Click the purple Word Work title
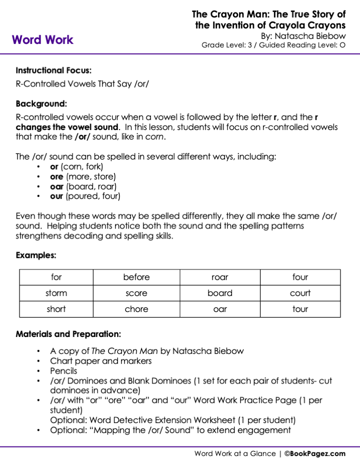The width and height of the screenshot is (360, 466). (42, 40)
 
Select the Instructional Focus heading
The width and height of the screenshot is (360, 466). (53, 70)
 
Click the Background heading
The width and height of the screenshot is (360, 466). (41, 104)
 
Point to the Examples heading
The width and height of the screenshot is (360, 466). (36, 255)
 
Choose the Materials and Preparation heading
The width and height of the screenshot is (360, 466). (68, 334)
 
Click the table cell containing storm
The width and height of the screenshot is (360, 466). (56, 293)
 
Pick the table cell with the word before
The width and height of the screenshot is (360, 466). (136, 277)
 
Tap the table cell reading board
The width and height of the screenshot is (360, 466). (220, 293)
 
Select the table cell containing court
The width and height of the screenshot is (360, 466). (300, 293)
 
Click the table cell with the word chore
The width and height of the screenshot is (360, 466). (136, 309)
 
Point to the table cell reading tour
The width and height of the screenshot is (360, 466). (300, 309)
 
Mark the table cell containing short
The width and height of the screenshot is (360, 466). (56, 309)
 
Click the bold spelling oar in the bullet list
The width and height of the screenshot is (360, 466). (57, 186)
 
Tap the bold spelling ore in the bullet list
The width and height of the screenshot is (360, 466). (56, 176)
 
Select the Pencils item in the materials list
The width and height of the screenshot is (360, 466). (63, 371)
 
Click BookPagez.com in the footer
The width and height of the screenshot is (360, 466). (318, 453)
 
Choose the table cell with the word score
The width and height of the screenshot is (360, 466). (136, 293)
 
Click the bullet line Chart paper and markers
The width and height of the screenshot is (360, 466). (100, 361)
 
